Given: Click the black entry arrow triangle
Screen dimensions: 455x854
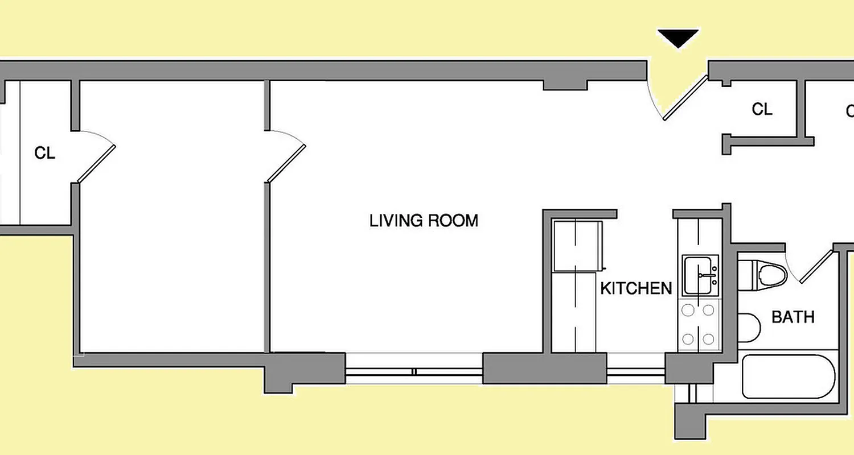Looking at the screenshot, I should point(678,39).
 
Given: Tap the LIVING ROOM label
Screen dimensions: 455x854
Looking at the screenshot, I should point(424,221).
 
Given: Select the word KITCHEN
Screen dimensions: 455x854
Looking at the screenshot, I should point(636,288).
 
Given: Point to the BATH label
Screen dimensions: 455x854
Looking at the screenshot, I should point(793,317).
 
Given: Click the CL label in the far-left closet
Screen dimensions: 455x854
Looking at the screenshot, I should point(45,153).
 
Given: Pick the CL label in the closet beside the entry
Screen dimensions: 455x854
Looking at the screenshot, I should point(762,109).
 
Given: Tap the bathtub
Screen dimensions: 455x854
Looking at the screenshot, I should point(789,377).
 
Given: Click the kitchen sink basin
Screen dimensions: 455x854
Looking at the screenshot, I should point(701,275).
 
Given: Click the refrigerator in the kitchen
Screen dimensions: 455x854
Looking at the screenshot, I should point(577,246).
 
